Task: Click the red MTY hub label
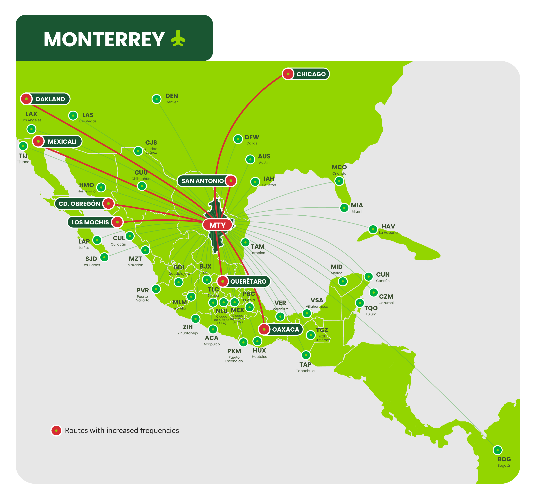coord(217,225)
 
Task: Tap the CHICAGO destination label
coord(311,74)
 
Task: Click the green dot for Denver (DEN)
coord(156,99)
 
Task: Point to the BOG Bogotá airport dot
coord(497,450)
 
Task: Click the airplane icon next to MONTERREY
coord(178,38)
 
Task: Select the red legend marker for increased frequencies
coord(56,430)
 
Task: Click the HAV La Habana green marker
coord(373,229)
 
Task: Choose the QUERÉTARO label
coord(248,281)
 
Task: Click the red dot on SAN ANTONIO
coord(231,181)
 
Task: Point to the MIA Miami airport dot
coord(344,208)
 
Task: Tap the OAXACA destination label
coord(285,329)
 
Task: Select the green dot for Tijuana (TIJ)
coord(23,146)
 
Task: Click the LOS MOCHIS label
coord(90,222)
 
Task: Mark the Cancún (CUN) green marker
coord(368,276)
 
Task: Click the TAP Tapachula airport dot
coord(306,355)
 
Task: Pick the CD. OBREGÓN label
coord(79,204)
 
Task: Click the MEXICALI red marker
coord(38,141)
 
